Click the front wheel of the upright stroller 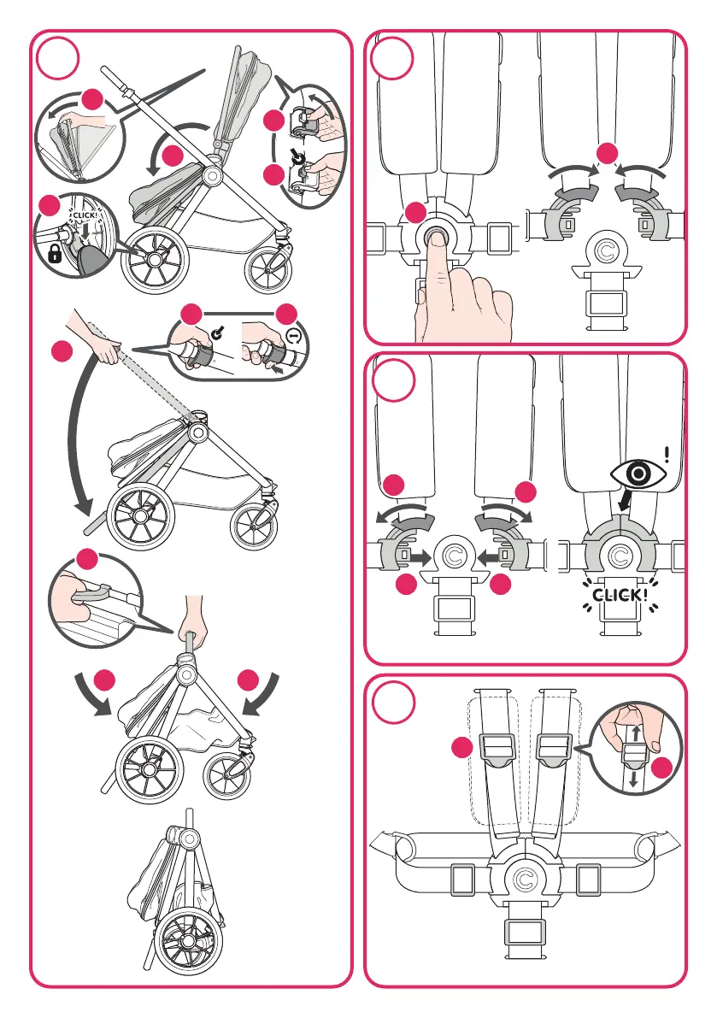(267, 271)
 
